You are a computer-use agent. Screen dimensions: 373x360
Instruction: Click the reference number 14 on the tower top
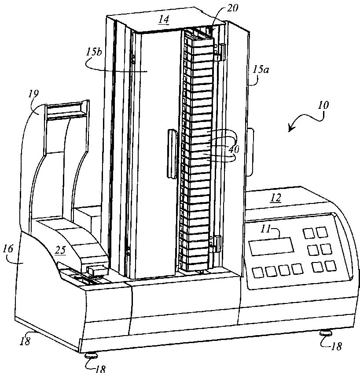click(164, 20)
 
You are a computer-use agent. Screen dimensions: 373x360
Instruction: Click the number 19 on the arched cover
click(34, 94)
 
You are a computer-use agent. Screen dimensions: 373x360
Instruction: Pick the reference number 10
click(323, 106)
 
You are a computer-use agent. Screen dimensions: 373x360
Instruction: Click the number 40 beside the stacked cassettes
click(233, 149)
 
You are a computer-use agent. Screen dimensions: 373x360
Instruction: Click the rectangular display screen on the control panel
click(271, 246)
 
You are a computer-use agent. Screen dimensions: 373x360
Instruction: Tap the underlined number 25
click(60, 250)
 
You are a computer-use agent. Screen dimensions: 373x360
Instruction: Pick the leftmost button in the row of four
click(258, 271)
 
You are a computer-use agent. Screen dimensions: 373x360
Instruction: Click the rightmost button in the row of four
click(298, 268)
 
